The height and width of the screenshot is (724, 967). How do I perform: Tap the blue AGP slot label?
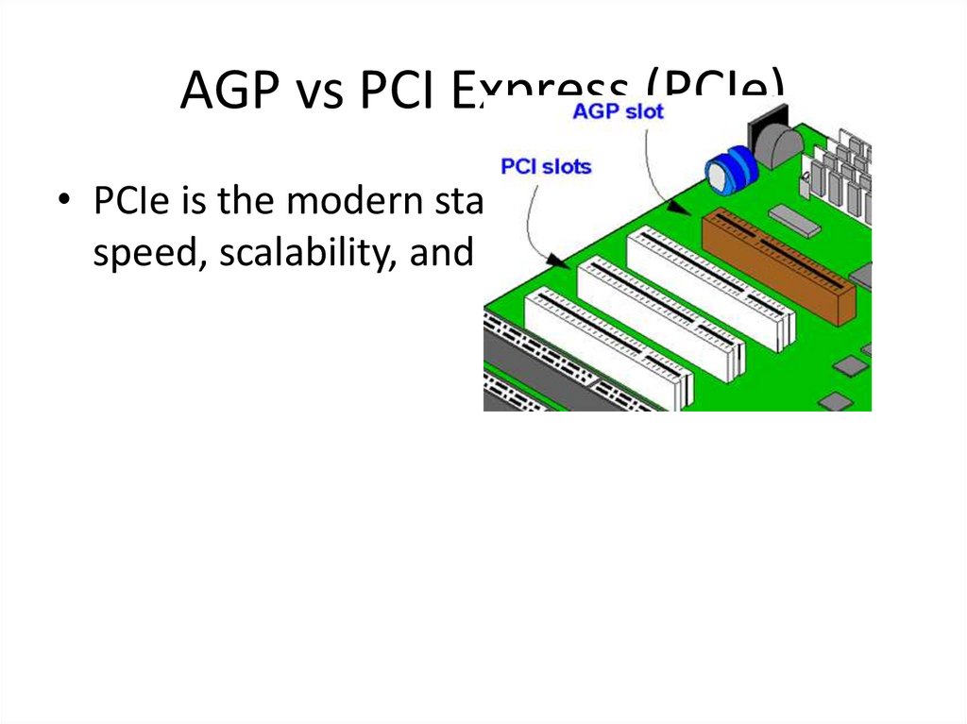tap(619, 111)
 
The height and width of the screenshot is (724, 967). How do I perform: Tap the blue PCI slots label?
tap(546, 167)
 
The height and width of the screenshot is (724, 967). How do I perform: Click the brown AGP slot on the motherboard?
tap(778, 265)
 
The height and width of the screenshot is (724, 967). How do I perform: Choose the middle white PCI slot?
tap(660, 316)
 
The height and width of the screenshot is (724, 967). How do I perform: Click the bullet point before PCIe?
tap(63, 201)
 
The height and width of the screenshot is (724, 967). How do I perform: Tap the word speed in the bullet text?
tap(145, 253)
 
